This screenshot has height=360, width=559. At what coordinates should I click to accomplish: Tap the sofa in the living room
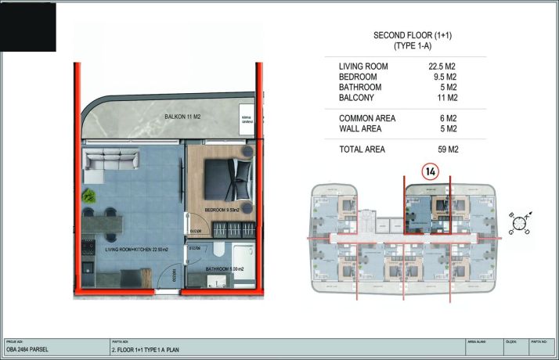point(110,163)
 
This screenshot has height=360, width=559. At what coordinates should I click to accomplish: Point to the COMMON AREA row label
point(367,118)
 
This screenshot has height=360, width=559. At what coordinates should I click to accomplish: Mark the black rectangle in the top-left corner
point(28,26)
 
